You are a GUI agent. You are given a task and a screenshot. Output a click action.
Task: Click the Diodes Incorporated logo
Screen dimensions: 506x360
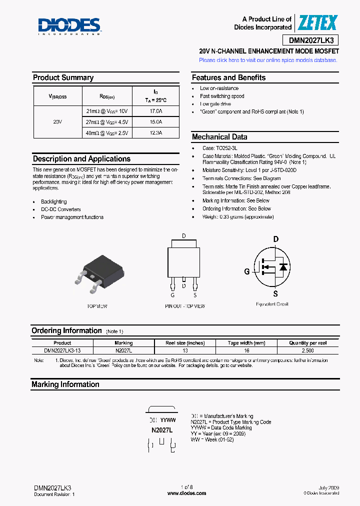69,26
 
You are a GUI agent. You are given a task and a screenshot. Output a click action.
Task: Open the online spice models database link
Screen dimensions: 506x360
268,60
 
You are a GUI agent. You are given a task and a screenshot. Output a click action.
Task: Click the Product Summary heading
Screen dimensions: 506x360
63,77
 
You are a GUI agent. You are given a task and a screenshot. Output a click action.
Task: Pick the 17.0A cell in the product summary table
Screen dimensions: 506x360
155,111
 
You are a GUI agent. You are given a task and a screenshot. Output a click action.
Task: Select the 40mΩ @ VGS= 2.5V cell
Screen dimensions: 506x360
107,133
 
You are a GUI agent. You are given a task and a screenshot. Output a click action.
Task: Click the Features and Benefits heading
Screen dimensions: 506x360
228,77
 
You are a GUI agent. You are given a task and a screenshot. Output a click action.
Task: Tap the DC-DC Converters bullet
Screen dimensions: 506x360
60,209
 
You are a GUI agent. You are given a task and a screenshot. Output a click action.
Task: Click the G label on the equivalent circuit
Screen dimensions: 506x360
246,271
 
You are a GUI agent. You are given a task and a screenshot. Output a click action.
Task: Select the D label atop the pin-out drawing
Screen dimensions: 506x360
183,235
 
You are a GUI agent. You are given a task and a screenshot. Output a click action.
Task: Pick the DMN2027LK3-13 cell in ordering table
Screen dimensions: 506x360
62,350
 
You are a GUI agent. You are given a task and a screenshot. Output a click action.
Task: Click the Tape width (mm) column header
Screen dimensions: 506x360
246,343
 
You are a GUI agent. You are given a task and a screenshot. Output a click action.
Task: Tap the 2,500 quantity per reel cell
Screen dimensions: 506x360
308,350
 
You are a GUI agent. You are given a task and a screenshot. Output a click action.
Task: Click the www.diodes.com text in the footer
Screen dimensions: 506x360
186,493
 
